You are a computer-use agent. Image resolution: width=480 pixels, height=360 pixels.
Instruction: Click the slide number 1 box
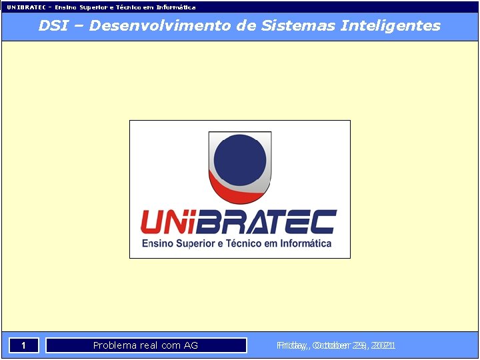tap(23, 345)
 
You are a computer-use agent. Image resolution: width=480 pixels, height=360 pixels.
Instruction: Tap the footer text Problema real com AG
tap(145, 345)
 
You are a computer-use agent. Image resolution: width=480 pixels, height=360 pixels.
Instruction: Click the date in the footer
tap(336, 345)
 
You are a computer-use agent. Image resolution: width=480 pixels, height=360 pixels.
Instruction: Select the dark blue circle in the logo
tap(240, 160)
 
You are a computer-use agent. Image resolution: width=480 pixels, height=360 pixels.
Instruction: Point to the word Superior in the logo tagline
tap(196, 244)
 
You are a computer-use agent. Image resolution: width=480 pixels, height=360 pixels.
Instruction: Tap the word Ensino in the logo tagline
tap(158, 243)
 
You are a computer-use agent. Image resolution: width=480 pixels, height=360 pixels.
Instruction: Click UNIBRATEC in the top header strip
tap(26, 7)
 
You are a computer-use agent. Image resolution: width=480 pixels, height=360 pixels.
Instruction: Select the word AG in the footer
tap(191, 345)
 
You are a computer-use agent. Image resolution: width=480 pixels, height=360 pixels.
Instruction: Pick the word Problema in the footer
tap(115, 345)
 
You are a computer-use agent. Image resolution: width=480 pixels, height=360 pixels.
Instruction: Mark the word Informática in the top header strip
tap(176, 7)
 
